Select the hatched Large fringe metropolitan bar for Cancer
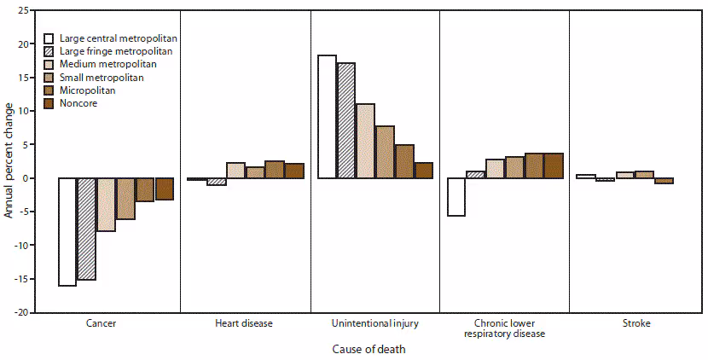86,229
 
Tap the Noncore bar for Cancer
164,189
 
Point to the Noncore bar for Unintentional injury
423,170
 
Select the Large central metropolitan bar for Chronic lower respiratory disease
456,197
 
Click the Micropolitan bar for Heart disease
275,170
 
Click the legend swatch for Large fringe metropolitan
49,52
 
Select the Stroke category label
634,325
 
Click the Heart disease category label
245,325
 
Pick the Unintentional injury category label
374,325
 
